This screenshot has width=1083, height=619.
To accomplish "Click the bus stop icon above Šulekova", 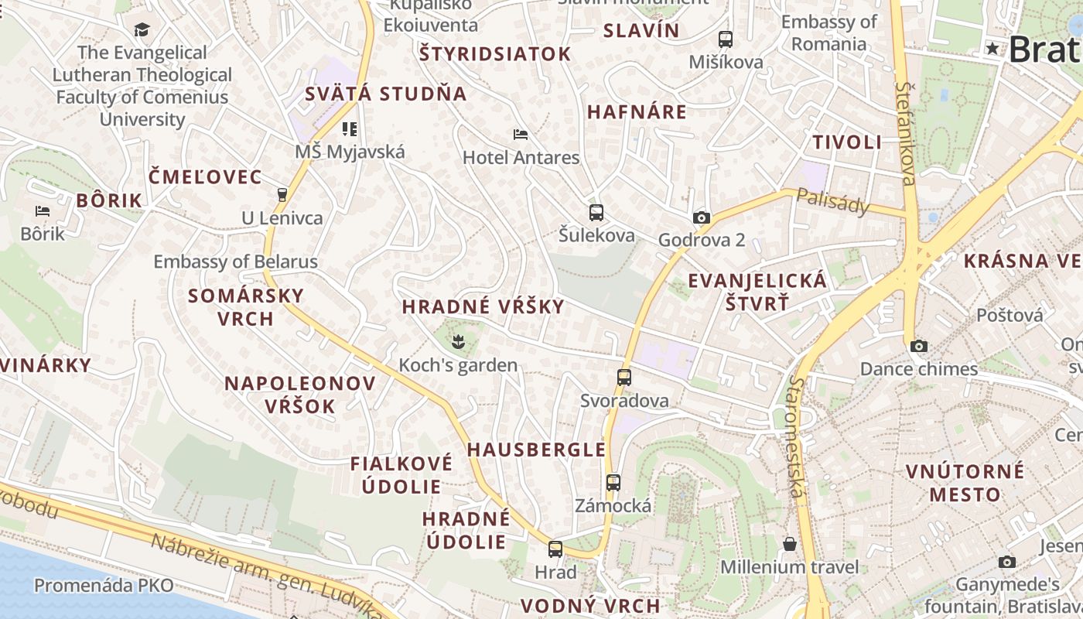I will click(x=596, y=213).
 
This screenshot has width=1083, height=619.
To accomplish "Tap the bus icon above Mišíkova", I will click(x=725, y=39).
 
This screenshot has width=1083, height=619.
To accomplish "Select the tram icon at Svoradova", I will click(x=623, y=378).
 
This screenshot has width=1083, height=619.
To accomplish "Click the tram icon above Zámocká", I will click(x=613, y=482).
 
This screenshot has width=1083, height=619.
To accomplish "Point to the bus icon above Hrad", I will click(x=555, y=549).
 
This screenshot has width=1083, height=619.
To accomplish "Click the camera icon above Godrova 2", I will click(x=702, y=217).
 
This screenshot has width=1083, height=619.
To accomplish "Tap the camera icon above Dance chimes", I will click(x=918, y=346).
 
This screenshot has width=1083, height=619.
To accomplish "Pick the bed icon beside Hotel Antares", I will click(x=521, y=135).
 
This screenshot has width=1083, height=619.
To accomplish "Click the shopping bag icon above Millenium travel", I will click(x=789, y=544).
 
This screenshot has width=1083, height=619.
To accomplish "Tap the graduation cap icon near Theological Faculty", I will click(x=142, y=30).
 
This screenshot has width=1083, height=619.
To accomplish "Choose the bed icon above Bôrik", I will click(x=42, y=210).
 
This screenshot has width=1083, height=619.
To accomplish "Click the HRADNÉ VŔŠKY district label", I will click(x=483, y=306).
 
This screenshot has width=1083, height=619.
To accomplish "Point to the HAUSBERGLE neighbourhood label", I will click(x=536, y=450).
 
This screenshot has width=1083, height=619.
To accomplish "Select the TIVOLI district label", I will click(x=847, y=142).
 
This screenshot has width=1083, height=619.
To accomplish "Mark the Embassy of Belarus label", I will click(x=235, y=262).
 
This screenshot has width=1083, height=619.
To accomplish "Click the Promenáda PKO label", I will click(x=104, y=586).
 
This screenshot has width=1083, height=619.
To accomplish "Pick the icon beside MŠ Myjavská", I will click(x=349, y=128).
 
